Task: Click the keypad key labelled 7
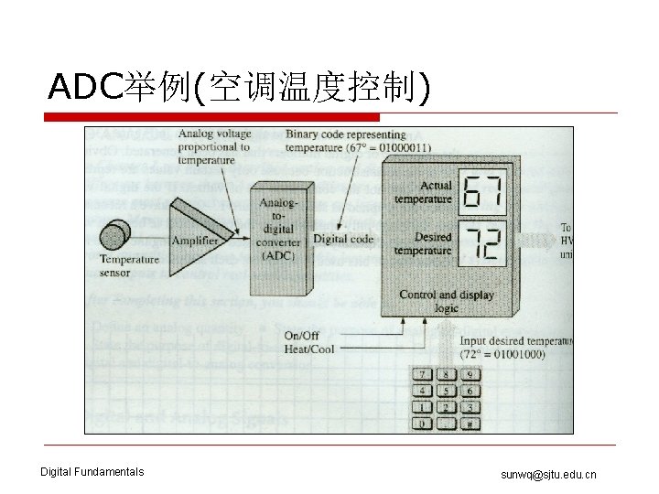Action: click(422, 373)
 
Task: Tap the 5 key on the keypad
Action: click(445, 390)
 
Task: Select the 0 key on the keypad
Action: click(422, 424)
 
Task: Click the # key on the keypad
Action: click(470, 424)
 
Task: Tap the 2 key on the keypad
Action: click(445, 407)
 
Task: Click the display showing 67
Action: click(482, 192)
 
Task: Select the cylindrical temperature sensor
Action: click(116, 236)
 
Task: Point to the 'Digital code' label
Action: click(343, 239)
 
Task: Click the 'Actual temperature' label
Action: click(424, 192)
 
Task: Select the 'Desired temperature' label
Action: click(424, 242)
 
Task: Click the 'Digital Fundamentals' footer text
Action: click(92, 472)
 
